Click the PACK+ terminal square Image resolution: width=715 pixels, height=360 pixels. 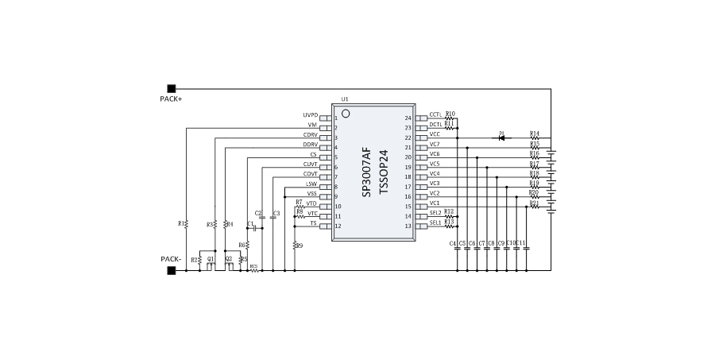(171, 88)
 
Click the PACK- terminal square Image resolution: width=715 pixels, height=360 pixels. (171, 270)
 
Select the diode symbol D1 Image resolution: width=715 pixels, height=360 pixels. (502, 137)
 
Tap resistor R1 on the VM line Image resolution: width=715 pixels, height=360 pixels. (186, 224)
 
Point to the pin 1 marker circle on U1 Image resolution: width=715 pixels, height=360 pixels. (346, 114)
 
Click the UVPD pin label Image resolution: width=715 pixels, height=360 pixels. (310, 115)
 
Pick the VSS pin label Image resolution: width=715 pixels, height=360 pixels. (311, 194)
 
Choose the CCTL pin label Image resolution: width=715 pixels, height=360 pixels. (435, 115)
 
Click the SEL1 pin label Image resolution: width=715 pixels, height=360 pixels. (435, 223)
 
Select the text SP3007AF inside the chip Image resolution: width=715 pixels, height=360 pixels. (366, 170)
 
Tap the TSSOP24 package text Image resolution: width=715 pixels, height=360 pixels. (384, 170)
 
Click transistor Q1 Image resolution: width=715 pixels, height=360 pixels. (210, 265)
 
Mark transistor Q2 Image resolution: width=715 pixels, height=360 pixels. (229, 265)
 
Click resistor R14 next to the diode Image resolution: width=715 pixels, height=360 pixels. (535, 137)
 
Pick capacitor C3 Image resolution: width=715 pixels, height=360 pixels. (273, 218)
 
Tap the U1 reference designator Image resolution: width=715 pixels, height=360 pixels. (345, 99)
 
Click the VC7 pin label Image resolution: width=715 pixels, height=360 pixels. (435, 145)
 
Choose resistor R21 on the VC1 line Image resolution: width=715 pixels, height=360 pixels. (535, 206)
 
